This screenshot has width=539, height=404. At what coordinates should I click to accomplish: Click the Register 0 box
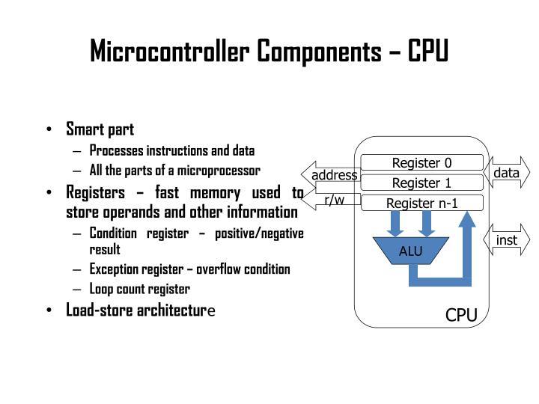(x=422, y=163)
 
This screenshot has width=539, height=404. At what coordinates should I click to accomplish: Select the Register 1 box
(x=422, y=183)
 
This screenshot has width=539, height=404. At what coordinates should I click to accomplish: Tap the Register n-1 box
(x=422, y=203)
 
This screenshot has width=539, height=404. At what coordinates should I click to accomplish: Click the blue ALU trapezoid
(x=410, y=251)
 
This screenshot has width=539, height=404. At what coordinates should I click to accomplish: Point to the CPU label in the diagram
(x=461, y=315)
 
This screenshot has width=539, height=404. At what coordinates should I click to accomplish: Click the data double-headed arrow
(x=507, y=174)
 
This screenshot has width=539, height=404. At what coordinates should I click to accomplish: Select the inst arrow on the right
(x=507, y=240)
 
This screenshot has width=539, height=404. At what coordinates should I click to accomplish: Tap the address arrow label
(x=335, y=176)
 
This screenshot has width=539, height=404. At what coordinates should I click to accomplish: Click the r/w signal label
(x=334, y=201)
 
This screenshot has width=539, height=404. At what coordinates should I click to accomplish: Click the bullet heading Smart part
(x=100, y=129)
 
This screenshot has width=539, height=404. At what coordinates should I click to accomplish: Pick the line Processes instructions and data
(x=172, y=150)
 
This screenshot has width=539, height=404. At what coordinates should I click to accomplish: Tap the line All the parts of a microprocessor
(x=174, y=170)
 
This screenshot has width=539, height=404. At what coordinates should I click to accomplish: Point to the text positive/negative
(x=259, y=233)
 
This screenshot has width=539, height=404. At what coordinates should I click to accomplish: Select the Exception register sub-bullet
(x=189, y=269)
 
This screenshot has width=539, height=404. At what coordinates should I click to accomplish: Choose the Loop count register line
(x=140, y=289)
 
